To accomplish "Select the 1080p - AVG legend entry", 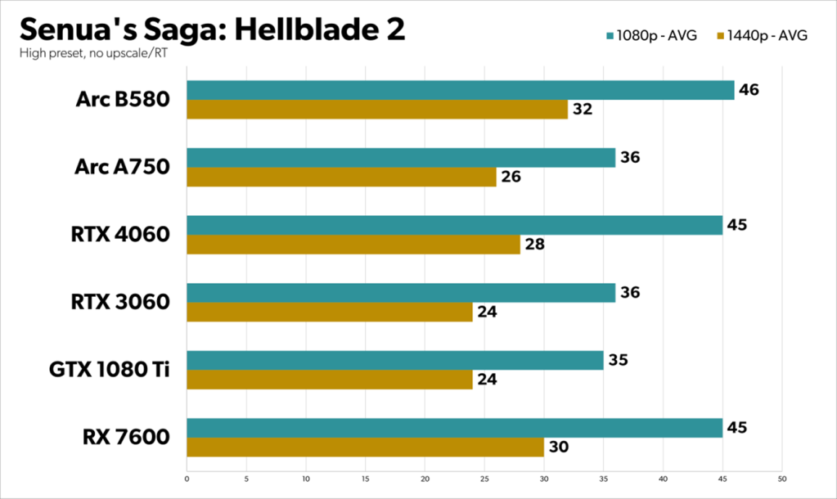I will point(652,36).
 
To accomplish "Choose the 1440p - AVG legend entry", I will point(762,36).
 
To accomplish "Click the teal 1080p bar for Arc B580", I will point(460,90).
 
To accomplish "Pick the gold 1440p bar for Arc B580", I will point(377,109).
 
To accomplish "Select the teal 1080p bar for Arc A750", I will point(401,157).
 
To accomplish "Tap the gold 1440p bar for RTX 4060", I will point(353,244).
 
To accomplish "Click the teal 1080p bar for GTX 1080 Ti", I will point(394,360).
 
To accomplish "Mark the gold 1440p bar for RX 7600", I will point(365,447).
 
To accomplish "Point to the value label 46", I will point(749,89).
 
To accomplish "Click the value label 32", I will point(583,109).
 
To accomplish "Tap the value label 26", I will point(511,177).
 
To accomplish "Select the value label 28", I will point(534,244).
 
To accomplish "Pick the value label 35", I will point(618,359).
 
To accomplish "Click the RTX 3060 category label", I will point(121,302).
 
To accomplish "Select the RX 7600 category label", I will point(125,437).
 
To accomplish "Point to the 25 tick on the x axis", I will point(484,479).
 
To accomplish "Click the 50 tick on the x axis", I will point(781,479).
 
